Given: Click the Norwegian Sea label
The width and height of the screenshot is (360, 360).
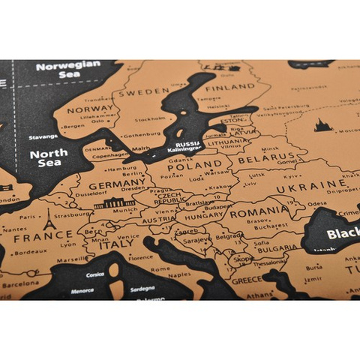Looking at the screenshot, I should click(x=67, y=70).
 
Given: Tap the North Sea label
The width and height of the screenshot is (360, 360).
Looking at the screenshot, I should click(x=49, y=158).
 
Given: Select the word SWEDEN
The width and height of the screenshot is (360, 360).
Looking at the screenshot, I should click(x=144, y=92).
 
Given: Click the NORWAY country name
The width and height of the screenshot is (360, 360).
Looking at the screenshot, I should click(x=88, y=109).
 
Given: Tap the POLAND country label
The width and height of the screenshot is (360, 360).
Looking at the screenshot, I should click(x=198, y=164).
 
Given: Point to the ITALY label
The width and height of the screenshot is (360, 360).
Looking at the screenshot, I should click(x=117, y=244).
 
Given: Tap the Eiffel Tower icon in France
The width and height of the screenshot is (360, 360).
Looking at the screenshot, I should click(x=49, y=220).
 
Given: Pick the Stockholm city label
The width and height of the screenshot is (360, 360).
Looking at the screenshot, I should click(x=150, y=119).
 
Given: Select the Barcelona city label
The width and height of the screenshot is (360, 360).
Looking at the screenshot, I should click(x=20, y=285).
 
